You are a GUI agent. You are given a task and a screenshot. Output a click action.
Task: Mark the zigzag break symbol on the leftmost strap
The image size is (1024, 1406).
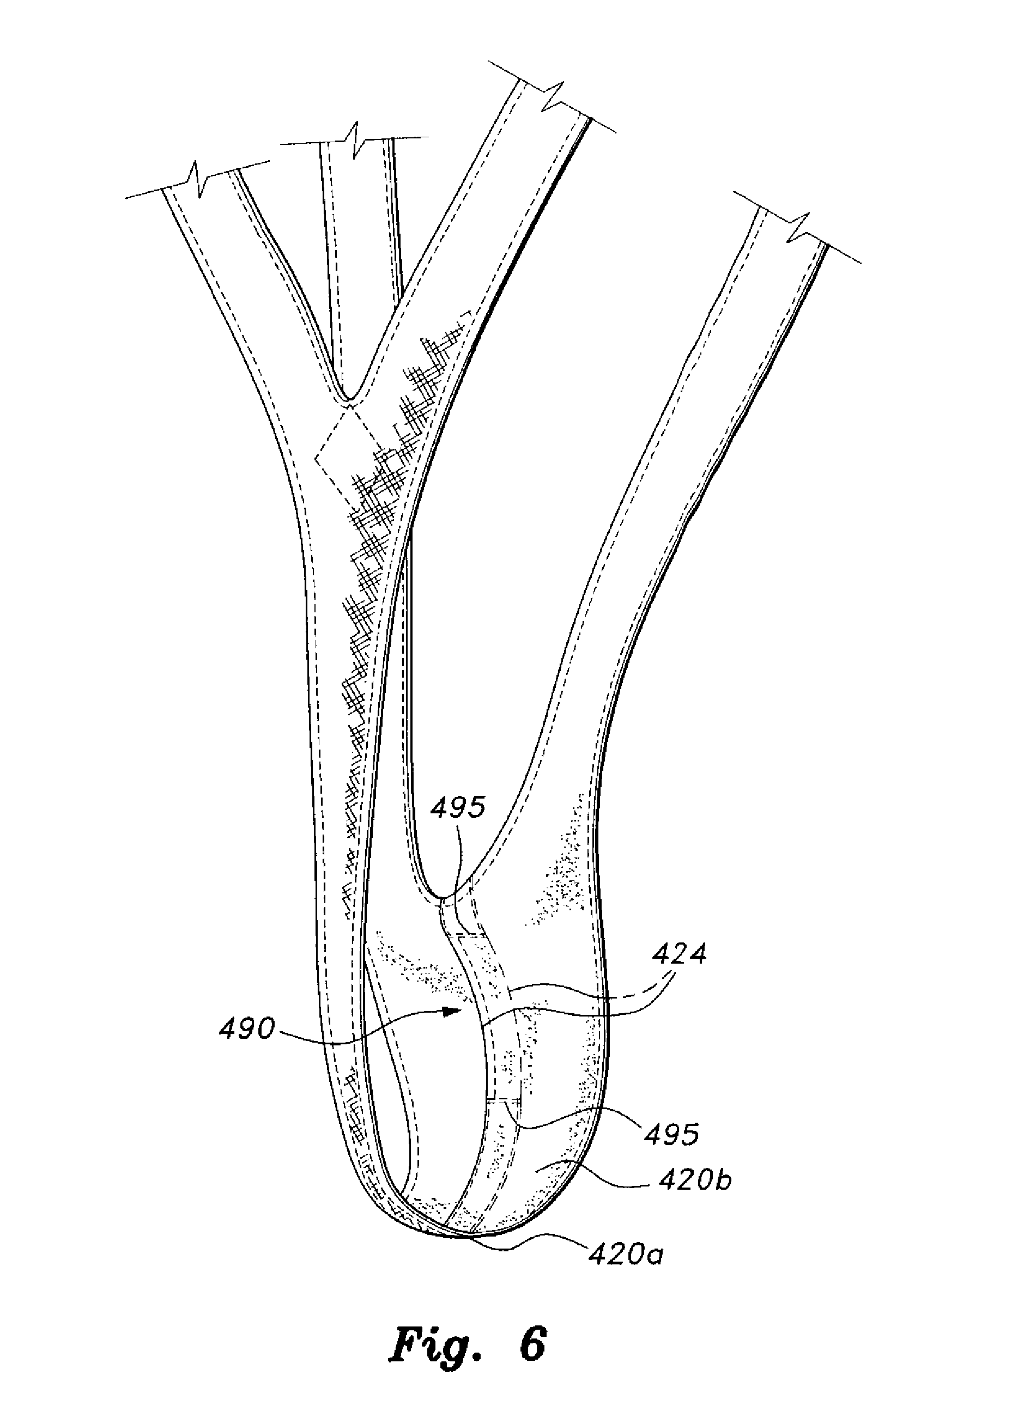click(x=197, y=180)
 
